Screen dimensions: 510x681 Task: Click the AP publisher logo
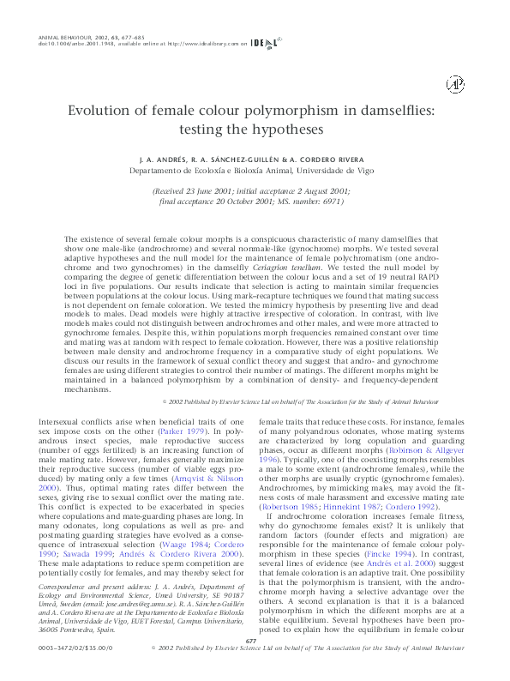coord(454,83)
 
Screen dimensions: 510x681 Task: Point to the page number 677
coord(252,641)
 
